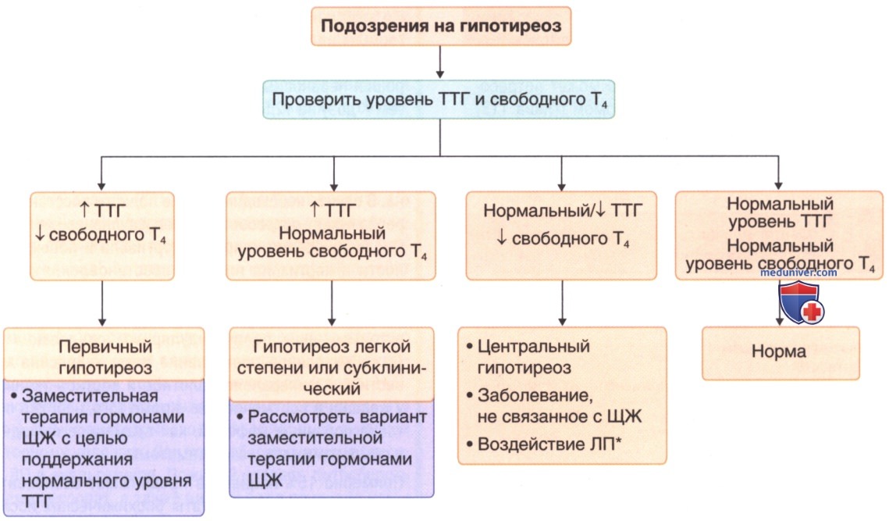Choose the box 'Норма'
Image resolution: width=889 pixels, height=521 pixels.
pos(780,353)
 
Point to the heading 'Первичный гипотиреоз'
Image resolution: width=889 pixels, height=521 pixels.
pos(104,353)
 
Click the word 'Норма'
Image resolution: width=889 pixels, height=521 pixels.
pos(780,353)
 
